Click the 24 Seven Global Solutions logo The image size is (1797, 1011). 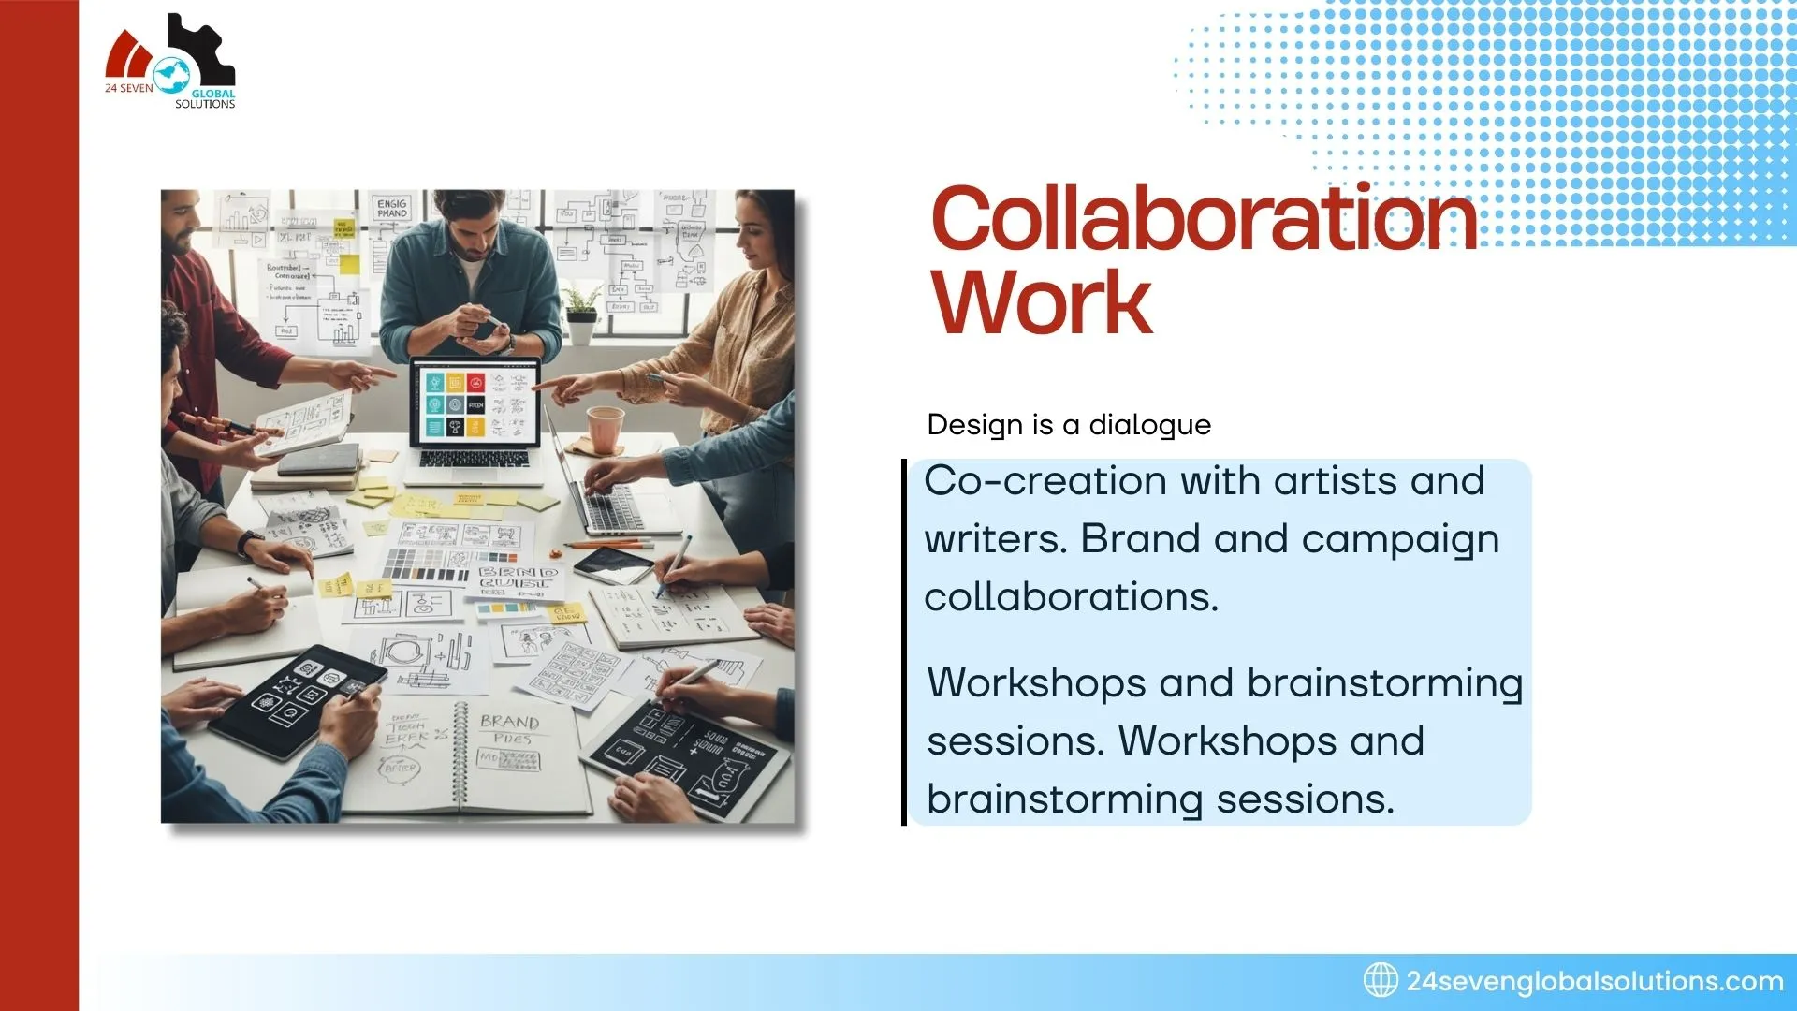(171, 63)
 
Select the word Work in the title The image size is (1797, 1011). (1041, 302)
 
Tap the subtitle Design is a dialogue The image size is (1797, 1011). (1069, 425)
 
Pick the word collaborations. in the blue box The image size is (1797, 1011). (1071, 597)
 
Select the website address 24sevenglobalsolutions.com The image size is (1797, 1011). (1595, 981)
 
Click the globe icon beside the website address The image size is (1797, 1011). (1381, 980)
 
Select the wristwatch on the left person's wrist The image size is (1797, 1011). (250, 543)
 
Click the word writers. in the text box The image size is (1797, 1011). (996, 540)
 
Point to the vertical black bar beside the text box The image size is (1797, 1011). (904, 642)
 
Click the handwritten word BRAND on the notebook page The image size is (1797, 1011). (509, 722)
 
